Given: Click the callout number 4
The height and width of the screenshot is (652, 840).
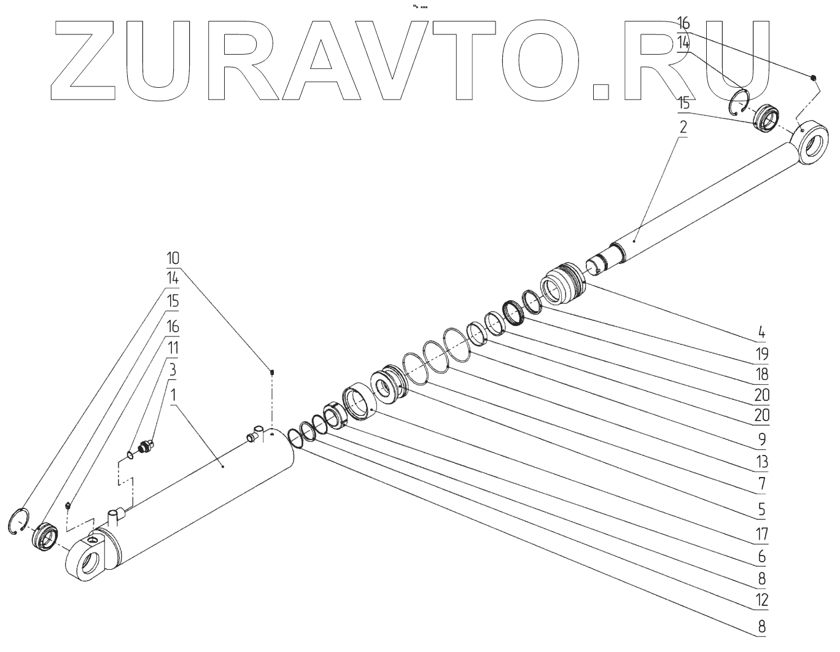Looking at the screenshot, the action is click(x=761, y=333).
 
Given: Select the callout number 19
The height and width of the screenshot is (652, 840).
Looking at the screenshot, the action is click(x=761, y=354).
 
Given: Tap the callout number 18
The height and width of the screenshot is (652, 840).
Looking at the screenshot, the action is click(x=761, y=374).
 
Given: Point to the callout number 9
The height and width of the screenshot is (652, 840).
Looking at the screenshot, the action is click(x=761, y=439).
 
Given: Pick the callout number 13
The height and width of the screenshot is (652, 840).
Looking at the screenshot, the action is click(x=761, y=462).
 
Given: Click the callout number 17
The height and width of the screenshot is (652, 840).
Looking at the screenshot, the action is click(x=761, y=534).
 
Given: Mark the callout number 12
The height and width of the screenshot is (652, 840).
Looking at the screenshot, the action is click(x=761, y=600).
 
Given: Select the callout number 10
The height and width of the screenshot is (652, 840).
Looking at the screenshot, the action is click(x=173, y=256).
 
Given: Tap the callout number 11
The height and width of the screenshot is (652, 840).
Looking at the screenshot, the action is click(x=173, y=347).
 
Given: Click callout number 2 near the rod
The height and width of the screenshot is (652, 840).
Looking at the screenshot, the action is click(x=683, y=129).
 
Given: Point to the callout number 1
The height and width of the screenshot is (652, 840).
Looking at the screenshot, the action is click(x=173, y=395).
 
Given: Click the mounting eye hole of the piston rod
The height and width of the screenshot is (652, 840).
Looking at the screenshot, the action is click(x=814, y=146).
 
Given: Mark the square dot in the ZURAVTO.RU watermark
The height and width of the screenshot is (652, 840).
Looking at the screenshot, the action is click(x=601, y=91).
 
